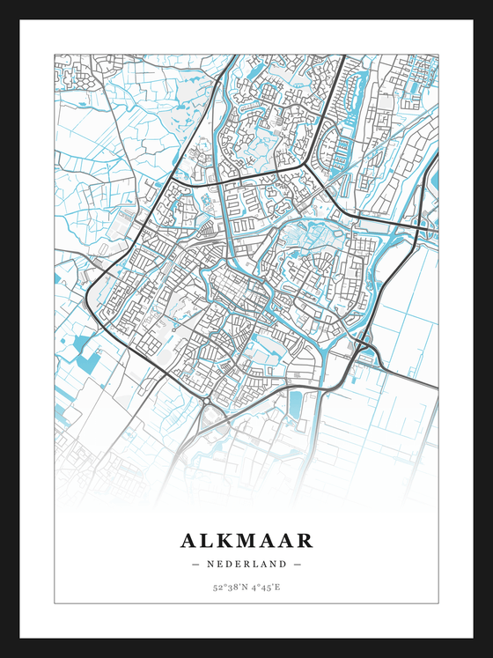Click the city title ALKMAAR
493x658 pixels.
click(x=246, y=539)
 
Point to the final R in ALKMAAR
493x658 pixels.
click(x=305, y=539)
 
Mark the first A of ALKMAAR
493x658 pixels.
click(x=188, y=539)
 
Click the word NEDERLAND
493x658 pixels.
click(x=246, y=564)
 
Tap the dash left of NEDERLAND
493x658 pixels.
click(x=195, y=564)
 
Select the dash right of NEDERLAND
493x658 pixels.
click(x=298, y=564)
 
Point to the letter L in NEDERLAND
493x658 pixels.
click(x=254, y=564)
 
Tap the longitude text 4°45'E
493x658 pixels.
click(x=266, y=587)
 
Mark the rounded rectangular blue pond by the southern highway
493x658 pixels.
click(x=294, y=405)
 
